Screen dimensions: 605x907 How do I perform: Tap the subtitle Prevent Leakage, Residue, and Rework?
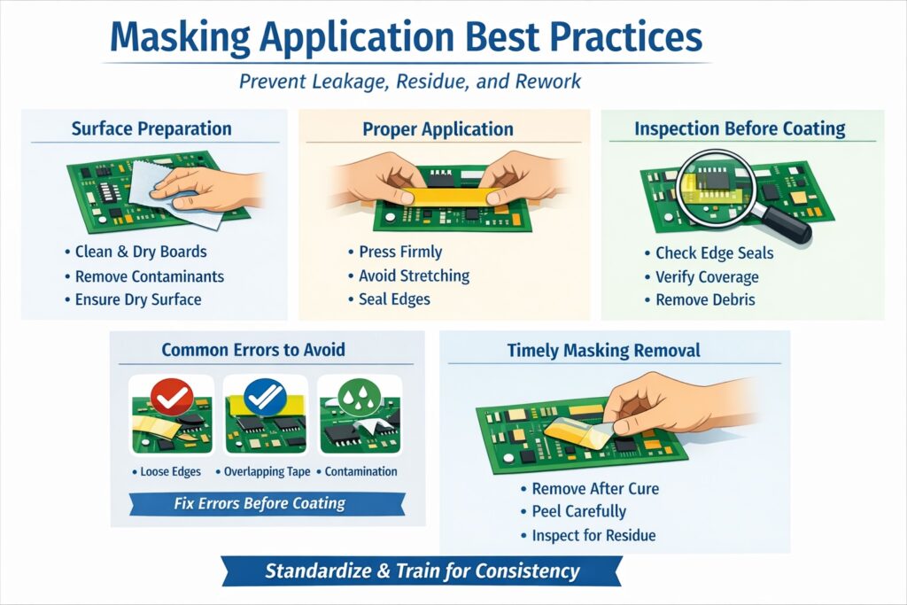(410, 81)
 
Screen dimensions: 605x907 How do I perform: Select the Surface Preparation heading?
(151, 128)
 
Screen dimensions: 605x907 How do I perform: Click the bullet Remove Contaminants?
(149, 275)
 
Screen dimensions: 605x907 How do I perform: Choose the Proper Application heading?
(438, 129)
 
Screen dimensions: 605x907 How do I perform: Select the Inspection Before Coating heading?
(740, 128)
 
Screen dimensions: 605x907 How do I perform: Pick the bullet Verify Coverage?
(706, 276)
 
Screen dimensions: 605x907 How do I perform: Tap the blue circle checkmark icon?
(265, 397)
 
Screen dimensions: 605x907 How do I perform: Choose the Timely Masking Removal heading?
(603, 350)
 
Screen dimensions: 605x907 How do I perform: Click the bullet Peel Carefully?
(578, 511)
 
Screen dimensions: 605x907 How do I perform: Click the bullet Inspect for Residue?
(593, 535)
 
